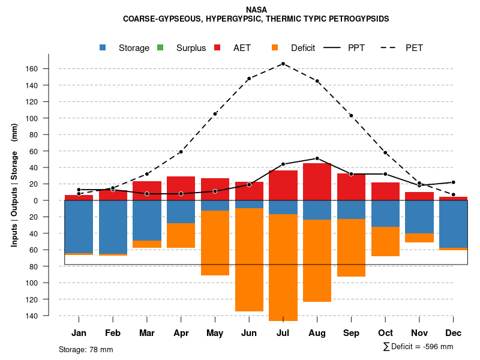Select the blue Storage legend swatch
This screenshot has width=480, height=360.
tap(103, 47)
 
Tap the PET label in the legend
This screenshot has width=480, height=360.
tap(414, 48)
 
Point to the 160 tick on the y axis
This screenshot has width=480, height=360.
tap(48, 69)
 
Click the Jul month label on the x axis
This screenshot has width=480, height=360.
tap(283, 333)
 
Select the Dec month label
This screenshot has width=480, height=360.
tap(453, 333)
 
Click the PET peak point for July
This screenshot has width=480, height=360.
tap(283, 64)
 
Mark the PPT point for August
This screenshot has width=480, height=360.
tap(317, 158)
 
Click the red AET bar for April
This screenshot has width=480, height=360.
tap(181, 188)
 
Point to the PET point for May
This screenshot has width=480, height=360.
tap(215, 114)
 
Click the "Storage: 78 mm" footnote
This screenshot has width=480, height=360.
tap(86, 349)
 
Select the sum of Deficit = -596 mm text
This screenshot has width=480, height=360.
tap(418, 346)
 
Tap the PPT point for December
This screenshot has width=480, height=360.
tap(453, 182)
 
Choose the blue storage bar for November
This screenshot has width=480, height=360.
tap(419, 217)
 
